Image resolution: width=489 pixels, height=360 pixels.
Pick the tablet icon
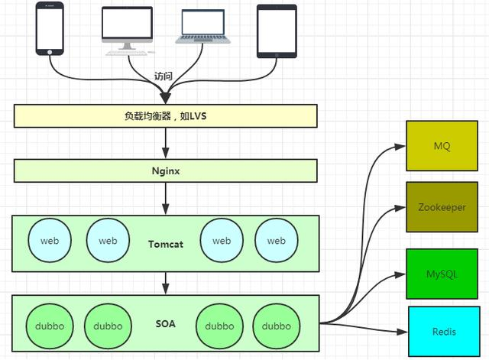pos(276,30)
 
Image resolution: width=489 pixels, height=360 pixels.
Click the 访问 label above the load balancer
pos(164,76)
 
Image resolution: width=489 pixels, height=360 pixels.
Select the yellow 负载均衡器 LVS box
pos(165,116)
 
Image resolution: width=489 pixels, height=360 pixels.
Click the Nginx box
pos(165,170)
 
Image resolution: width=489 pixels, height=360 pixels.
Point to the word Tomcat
pos(166,244)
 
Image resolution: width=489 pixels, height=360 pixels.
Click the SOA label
pos(165,324)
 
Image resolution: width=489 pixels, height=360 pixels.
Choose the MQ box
pos(442,145)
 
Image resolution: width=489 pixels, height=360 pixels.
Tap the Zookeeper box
pos(442,207)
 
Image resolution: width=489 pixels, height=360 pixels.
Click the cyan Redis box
pos(444,332)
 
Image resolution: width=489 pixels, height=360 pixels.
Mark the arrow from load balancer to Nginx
pos(166,143)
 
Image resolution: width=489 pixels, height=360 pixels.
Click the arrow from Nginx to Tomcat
pos(166,199)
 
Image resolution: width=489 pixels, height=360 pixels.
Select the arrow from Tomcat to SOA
pos(166,284)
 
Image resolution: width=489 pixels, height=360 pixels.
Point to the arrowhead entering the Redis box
pos(403,332)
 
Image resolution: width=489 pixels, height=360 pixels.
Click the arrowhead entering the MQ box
pos(400,145)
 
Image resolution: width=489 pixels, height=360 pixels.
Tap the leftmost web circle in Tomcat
pos(50,241)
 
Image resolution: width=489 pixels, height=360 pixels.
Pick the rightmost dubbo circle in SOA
pos(277,326)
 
